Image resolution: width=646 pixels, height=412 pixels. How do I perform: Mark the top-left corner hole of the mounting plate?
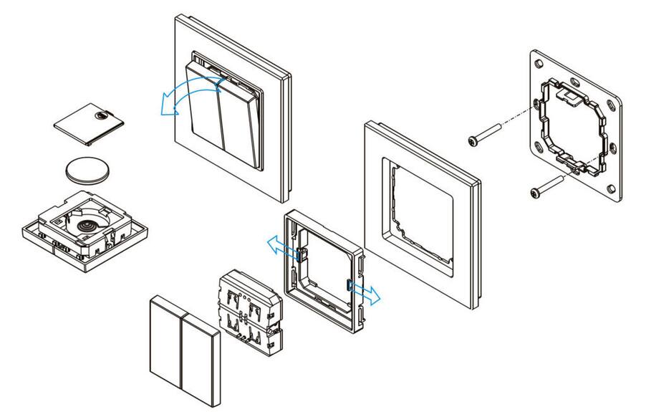pyautogui.click(x=537, y=60)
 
